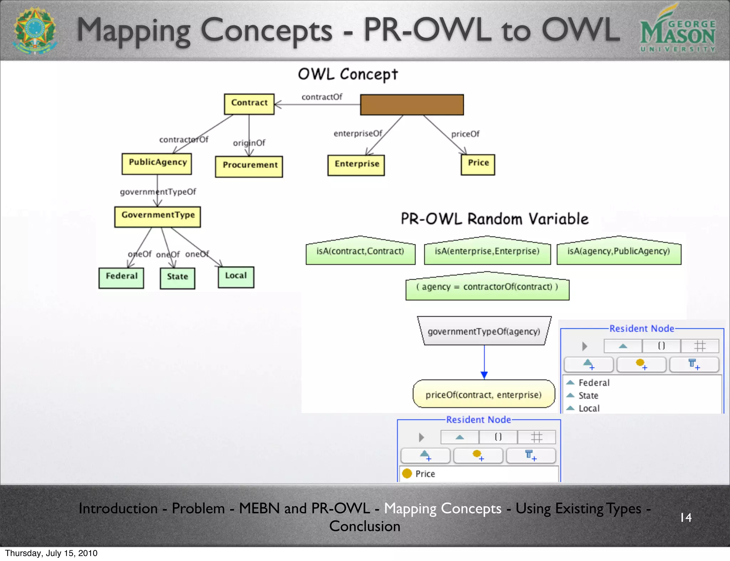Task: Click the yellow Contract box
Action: (249, 104)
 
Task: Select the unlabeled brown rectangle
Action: (412, 105)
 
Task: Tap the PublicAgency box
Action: (157, 164)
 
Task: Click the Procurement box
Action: (249, 166)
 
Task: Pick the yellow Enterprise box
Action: (356, 165)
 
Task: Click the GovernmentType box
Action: (158, 216)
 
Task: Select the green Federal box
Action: (121, 278)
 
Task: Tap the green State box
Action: (177, 278)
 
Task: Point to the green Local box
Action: (236, 277)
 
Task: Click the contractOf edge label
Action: (322, 97)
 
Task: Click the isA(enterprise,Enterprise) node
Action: (487, 251)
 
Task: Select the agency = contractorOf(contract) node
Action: (487, 287)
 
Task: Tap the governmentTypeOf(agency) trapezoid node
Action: (484, 331)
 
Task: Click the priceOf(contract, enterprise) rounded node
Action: (484, 394)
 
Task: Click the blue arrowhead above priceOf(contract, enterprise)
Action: (484, 375)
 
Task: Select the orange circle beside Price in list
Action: (407, 473)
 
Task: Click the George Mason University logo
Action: (677, 30)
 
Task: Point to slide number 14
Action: (686, 517)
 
